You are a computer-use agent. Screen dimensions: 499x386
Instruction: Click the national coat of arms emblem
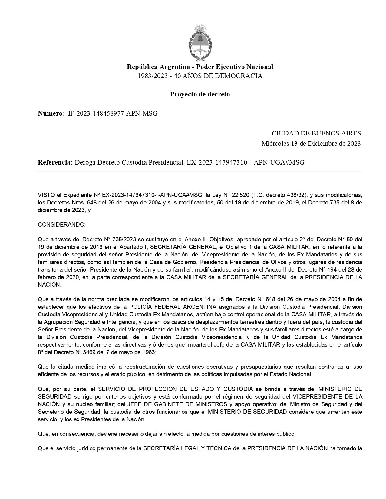[x=200, y=42]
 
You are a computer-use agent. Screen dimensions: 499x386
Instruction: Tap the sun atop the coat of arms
[x=200, y=29]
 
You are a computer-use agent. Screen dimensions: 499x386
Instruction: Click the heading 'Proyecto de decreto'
[x=200, y=94]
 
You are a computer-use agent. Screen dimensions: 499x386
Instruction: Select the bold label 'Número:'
[x=51, y=114]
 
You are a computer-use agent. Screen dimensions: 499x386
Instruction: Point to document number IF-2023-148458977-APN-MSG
[x=113, y=114]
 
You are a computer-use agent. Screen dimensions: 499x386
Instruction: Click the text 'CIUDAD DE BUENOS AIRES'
[x=316, y=133]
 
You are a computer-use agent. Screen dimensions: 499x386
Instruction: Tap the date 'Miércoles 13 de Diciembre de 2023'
[x=311, y=144]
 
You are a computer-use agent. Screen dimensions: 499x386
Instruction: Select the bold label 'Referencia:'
[x=55, y=162]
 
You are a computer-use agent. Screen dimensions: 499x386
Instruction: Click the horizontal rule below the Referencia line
[x=200, y=171]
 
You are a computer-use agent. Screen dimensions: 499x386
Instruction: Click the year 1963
[x=149, y=352]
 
